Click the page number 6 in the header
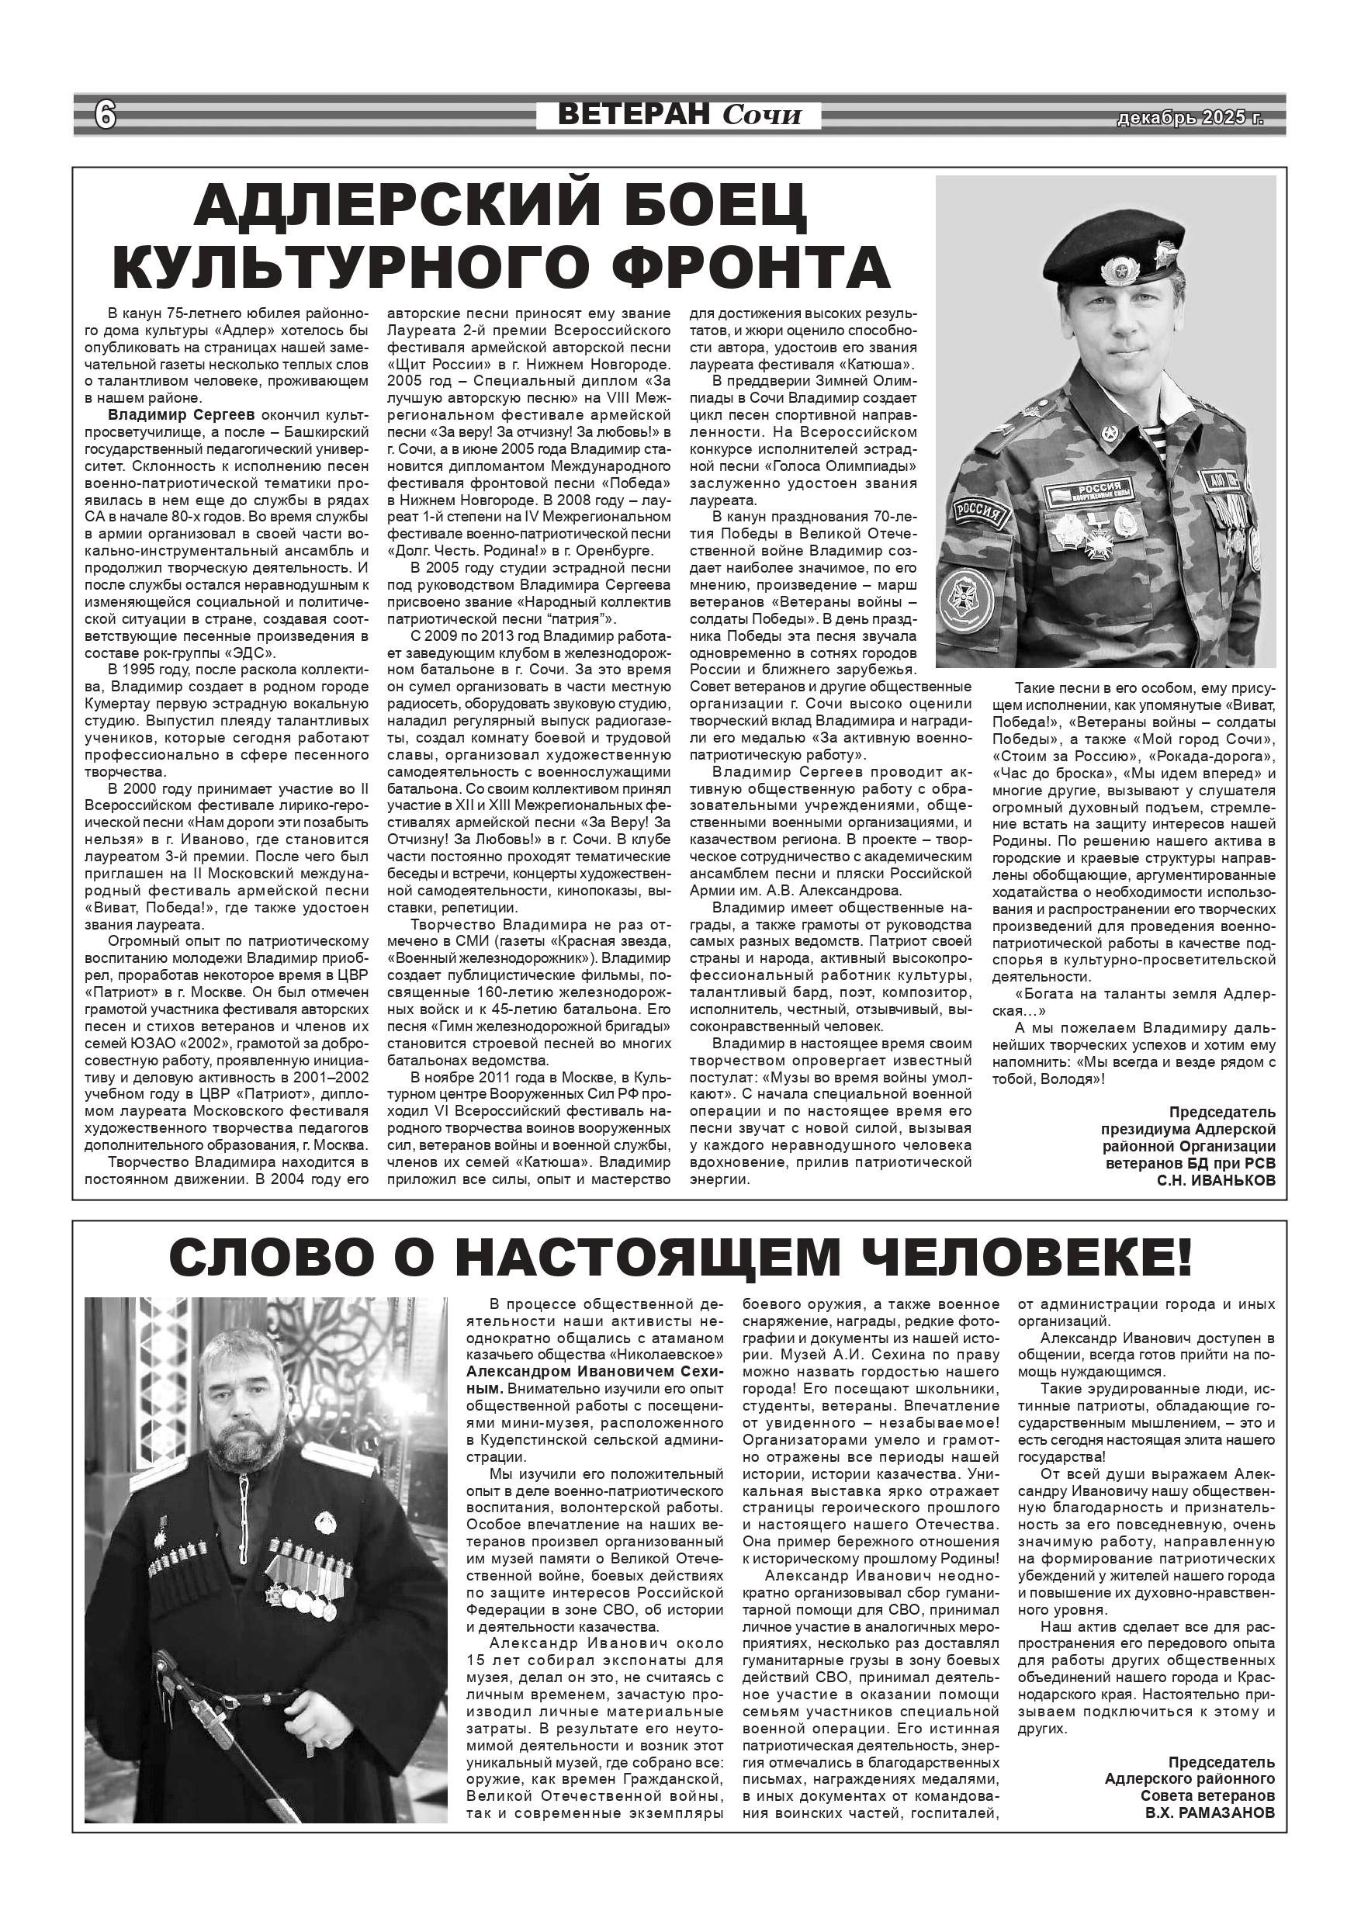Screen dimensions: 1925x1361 pos(105,114)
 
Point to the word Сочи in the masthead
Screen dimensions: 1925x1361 pos(762,115)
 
